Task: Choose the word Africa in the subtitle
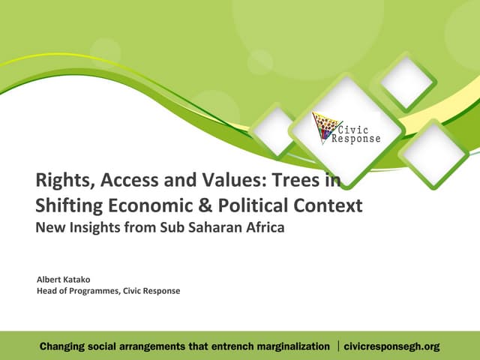point(264,228)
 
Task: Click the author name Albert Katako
point(64,279)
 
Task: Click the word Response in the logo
point(357,139)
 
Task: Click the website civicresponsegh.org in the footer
point(392,346)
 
